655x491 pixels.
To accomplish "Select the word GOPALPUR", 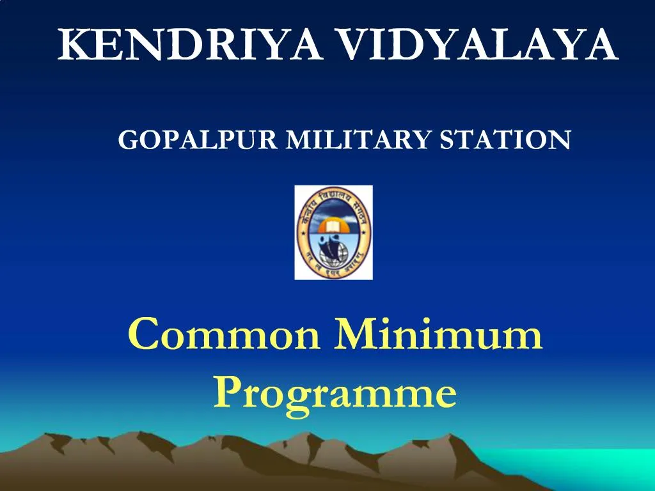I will (198, 139).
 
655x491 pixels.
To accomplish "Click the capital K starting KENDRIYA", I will (72, 45).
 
